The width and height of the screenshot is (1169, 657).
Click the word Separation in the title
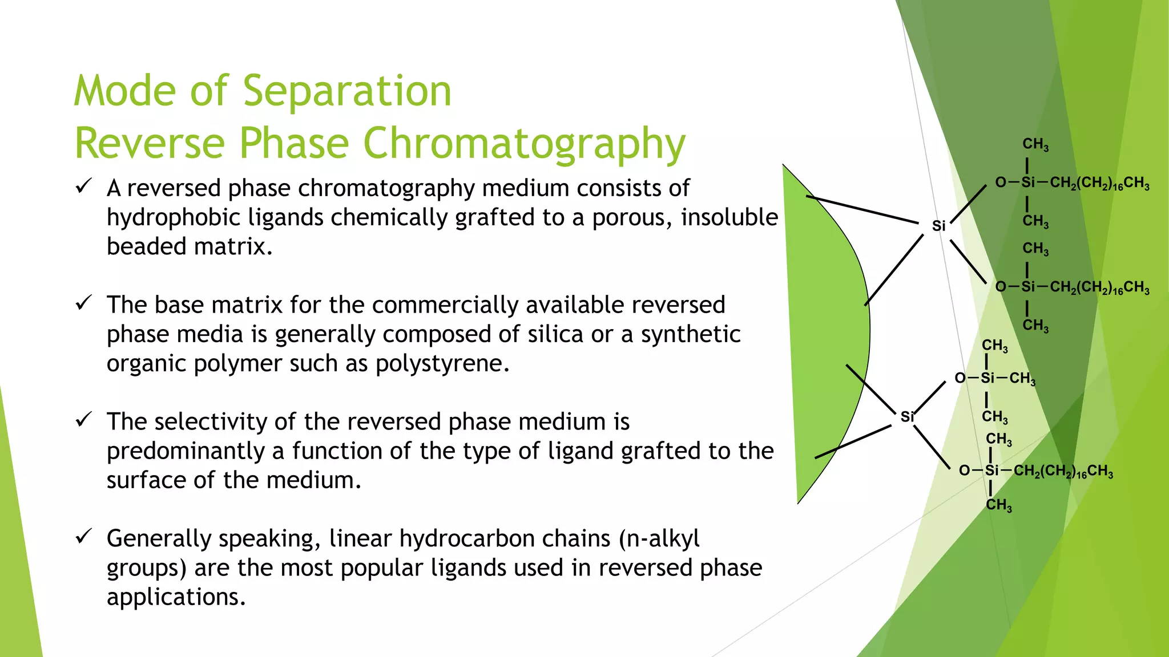(347, 91)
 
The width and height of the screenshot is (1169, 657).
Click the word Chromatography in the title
(524, 144)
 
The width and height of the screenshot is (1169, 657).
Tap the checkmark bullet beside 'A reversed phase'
(84, 186)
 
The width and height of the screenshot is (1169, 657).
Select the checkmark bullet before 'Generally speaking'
(84, 536)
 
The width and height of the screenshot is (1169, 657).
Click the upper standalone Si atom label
(938, 226)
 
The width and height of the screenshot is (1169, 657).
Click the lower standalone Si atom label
(907, 417)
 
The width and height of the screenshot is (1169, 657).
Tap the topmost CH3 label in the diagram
(1035, 145)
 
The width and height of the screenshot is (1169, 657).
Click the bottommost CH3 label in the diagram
(999, 505)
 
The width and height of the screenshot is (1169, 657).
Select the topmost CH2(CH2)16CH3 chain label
(1099, 183)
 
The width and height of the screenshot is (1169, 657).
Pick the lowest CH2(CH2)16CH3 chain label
(1063, 472)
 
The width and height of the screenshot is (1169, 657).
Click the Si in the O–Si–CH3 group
(987, 378)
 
